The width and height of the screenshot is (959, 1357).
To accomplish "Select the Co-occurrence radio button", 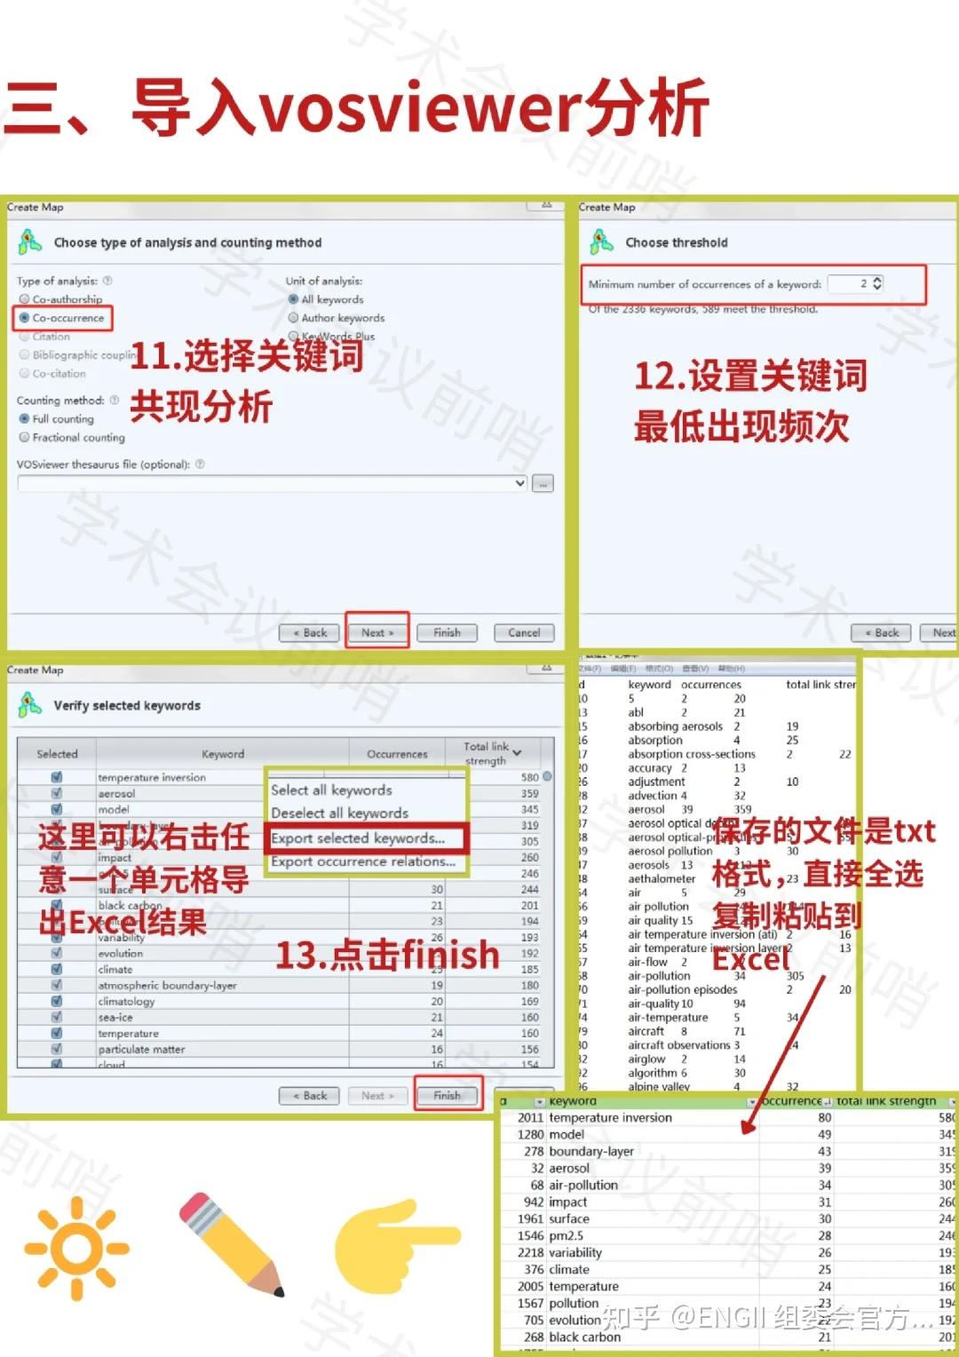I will pos(25,318).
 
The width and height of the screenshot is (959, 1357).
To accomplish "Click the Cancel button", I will pos(524,633).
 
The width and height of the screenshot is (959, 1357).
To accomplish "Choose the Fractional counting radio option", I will pos(25,438).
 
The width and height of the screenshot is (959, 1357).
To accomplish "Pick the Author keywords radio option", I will pos(294,318).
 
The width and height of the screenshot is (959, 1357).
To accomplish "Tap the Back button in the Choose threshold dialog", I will pos(881,633).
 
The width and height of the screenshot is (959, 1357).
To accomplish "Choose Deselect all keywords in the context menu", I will pos(339,813).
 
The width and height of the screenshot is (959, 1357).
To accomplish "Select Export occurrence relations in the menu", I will pos(363,861).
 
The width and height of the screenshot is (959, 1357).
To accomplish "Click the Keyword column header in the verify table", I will pos(223,754).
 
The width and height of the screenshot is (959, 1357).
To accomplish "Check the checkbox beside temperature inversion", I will pos(57,777).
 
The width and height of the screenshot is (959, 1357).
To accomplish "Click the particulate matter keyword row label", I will pos(142,1050).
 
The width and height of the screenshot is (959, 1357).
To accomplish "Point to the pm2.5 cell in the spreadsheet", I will pos(567,1236).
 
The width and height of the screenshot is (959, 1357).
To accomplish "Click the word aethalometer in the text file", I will pos(662,879).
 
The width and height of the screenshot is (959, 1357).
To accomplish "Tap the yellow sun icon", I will pos(77,1248).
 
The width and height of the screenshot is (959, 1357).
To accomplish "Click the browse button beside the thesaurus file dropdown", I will pos(543,484).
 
